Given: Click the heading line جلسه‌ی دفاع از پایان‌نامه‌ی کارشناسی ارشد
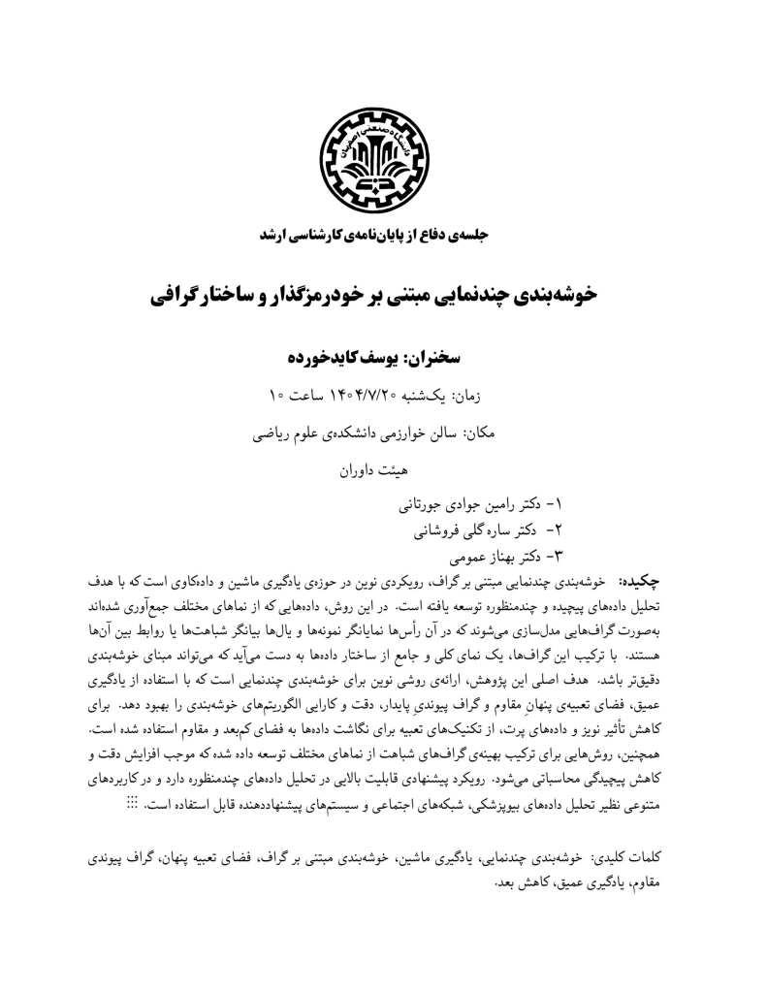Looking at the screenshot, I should coord(383,235).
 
